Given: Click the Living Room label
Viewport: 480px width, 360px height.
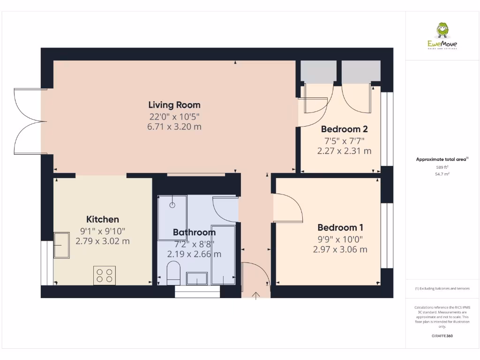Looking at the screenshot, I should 174,105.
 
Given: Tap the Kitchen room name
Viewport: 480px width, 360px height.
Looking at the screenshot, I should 103,219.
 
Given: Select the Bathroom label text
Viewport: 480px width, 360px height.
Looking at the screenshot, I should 194,232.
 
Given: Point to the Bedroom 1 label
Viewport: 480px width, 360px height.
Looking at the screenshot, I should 340,228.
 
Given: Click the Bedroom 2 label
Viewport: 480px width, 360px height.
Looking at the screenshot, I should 344,129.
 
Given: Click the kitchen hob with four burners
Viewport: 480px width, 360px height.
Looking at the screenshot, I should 105,275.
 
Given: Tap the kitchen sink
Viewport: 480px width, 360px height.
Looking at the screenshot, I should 61,245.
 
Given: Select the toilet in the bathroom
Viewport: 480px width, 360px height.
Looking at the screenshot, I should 173,274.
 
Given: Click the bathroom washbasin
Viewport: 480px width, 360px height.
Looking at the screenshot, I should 197,278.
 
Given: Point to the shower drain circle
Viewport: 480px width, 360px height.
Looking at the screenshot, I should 172,205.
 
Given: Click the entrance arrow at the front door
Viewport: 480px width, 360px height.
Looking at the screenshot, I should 256,296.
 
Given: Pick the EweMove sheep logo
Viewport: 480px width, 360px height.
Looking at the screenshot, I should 442,31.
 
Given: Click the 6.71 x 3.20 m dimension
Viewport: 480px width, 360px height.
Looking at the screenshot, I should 174,127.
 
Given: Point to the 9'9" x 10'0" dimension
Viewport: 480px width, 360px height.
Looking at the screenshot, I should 340,239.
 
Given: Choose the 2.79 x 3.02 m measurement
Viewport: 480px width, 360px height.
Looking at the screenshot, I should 103,241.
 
